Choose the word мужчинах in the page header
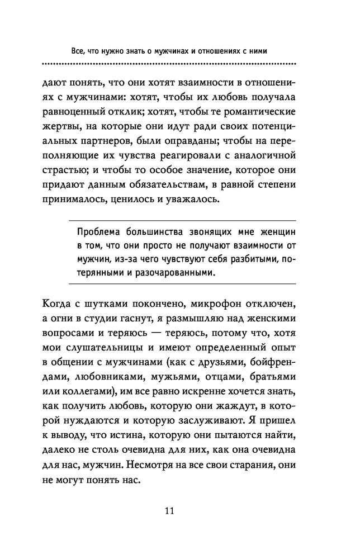pos(162,50)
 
